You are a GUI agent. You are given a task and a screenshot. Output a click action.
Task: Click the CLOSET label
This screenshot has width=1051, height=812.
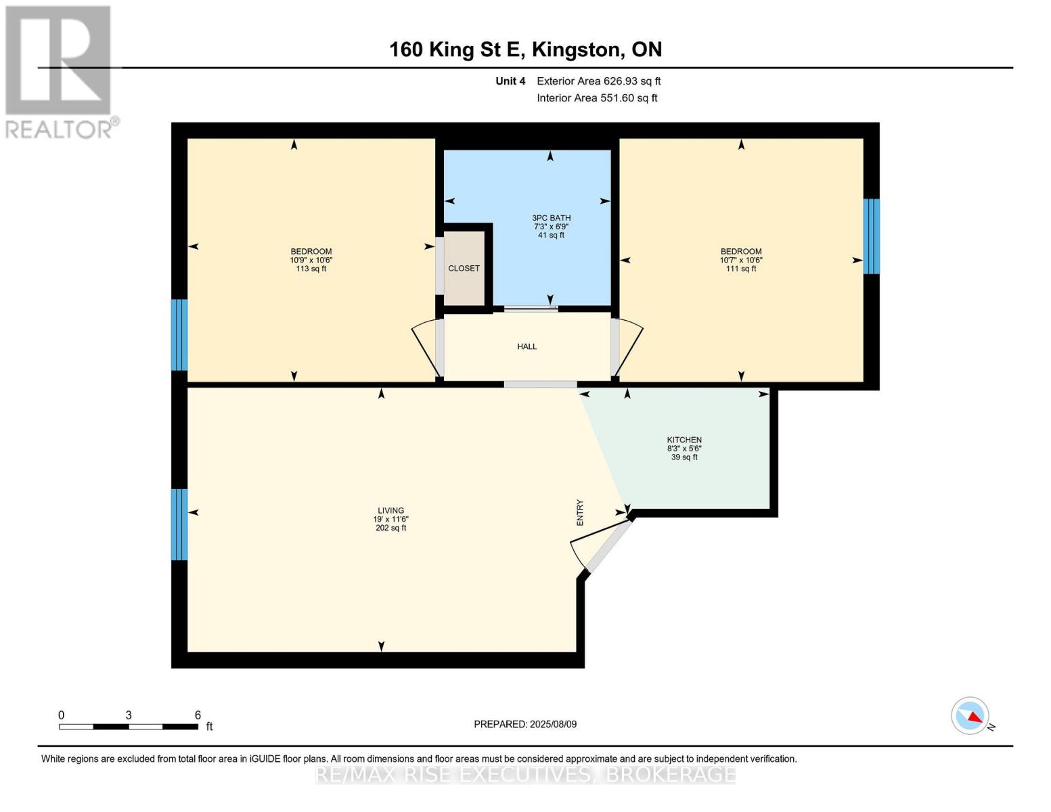464,269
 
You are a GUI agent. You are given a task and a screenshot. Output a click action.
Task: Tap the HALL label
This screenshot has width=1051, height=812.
527,346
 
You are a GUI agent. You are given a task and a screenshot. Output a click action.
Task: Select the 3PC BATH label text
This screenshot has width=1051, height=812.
551,218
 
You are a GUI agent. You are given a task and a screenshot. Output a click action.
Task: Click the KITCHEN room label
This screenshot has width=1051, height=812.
684,440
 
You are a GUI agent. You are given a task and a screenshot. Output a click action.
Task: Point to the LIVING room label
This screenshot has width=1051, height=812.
390,511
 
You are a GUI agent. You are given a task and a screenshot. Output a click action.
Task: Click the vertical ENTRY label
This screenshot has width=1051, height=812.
580,512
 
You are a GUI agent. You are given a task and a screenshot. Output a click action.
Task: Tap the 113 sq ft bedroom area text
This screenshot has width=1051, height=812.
311,269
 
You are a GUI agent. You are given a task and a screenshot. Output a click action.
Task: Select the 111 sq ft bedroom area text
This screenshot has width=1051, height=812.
741,269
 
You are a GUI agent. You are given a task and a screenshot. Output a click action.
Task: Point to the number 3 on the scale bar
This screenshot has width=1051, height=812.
128,715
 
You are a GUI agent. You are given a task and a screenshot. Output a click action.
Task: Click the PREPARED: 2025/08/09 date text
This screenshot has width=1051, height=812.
525,724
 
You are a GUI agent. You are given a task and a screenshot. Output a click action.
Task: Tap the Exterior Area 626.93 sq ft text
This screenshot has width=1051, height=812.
598,81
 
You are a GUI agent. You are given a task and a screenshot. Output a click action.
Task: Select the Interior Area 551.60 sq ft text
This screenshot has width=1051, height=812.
597,98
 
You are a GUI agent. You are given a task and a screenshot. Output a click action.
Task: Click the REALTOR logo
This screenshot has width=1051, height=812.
59,71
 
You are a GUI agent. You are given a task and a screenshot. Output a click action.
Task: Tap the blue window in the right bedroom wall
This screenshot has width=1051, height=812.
872,236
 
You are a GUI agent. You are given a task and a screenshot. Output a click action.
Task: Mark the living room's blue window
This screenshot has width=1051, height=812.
179,524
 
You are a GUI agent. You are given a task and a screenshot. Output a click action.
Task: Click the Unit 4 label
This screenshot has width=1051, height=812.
510,81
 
